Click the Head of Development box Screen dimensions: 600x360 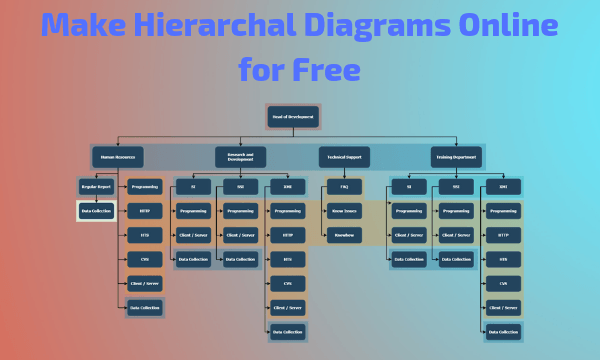[293, 117]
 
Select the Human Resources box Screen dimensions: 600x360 [118, 157]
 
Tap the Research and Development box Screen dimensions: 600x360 [240, 157]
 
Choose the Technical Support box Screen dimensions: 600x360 [344, 157]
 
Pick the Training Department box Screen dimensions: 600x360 [456, 157]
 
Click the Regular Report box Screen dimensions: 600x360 [96, 186]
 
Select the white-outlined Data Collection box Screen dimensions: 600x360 [96, 211]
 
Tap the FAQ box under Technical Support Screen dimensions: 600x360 [344, 186]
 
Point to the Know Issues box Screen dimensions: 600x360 [344, 211]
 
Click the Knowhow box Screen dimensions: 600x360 [344, 236]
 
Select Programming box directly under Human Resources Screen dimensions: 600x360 [144, 186]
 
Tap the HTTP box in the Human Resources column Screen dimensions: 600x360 [144, 211]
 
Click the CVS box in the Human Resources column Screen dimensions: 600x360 [144, 259]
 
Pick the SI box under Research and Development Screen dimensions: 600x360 [193, 186]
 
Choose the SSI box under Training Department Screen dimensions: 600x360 [456, 186]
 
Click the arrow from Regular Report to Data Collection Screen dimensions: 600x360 [96, 199]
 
